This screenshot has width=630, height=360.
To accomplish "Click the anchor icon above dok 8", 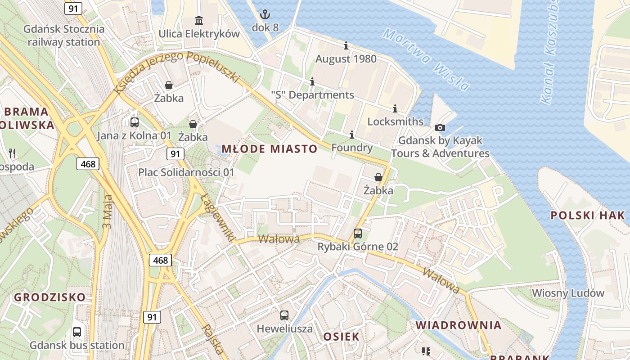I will click(x=265, y=14).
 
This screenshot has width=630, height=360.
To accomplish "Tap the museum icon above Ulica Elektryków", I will click(x=199, y=20).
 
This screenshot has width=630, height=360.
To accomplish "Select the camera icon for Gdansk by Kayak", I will click(x=440, y=127).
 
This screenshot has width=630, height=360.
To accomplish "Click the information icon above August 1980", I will click(x=346, y=45).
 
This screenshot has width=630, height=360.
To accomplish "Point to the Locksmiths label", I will click(x=395, y=121).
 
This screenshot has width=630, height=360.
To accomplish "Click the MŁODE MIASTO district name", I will click(x=269, y=149).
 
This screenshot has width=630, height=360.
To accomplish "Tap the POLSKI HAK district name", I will click(x=588, y=215).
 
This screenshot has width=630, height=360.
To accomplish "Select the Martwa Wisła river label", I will click(x=426, y=59).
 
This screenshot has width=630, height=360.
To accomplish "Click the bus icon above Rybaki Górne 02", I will click(x=357, y=234).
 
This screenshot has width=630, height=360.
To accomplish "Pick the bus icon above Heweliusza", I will click(x=284, y=315).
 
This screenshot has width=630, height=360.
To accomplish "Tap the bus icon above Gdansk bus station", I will click(x=77, y=332).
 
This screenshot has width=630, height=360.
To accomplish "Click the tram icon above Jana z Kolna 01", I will click(x=134, y=122).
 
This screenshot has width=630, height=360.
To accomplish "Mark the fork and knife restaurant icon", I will click(x=12, y=153).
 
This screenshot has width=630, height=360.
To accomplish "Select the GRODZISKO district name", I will click(x=49, y=297).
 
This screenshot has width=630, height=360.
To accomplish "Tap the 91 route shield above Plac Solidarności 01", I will click(x=175, y=154).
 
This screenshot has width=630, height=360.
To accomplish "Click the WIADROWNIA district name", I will click(x=458, y=325).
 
